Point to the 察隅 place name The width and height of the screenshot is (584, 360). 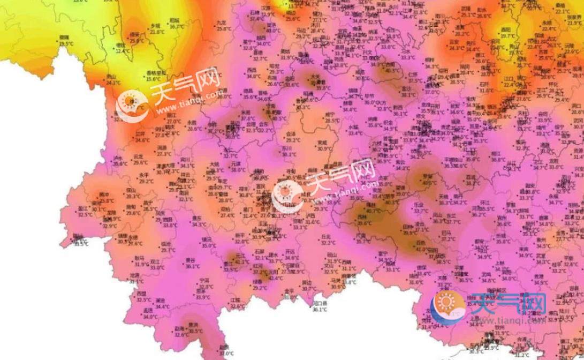coord(67,37)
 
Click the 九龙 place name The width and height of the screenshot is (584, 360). coord(222,23)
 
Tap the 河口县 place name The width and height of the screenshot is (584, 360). coord(320,303)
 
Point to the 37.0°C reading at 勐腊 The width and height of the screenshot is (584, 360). coord(226,354)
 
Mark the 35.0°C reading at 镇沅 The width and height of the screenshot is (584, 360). coord(208,245)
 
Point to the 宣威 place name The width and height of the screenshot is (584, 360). coord(322,142)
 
